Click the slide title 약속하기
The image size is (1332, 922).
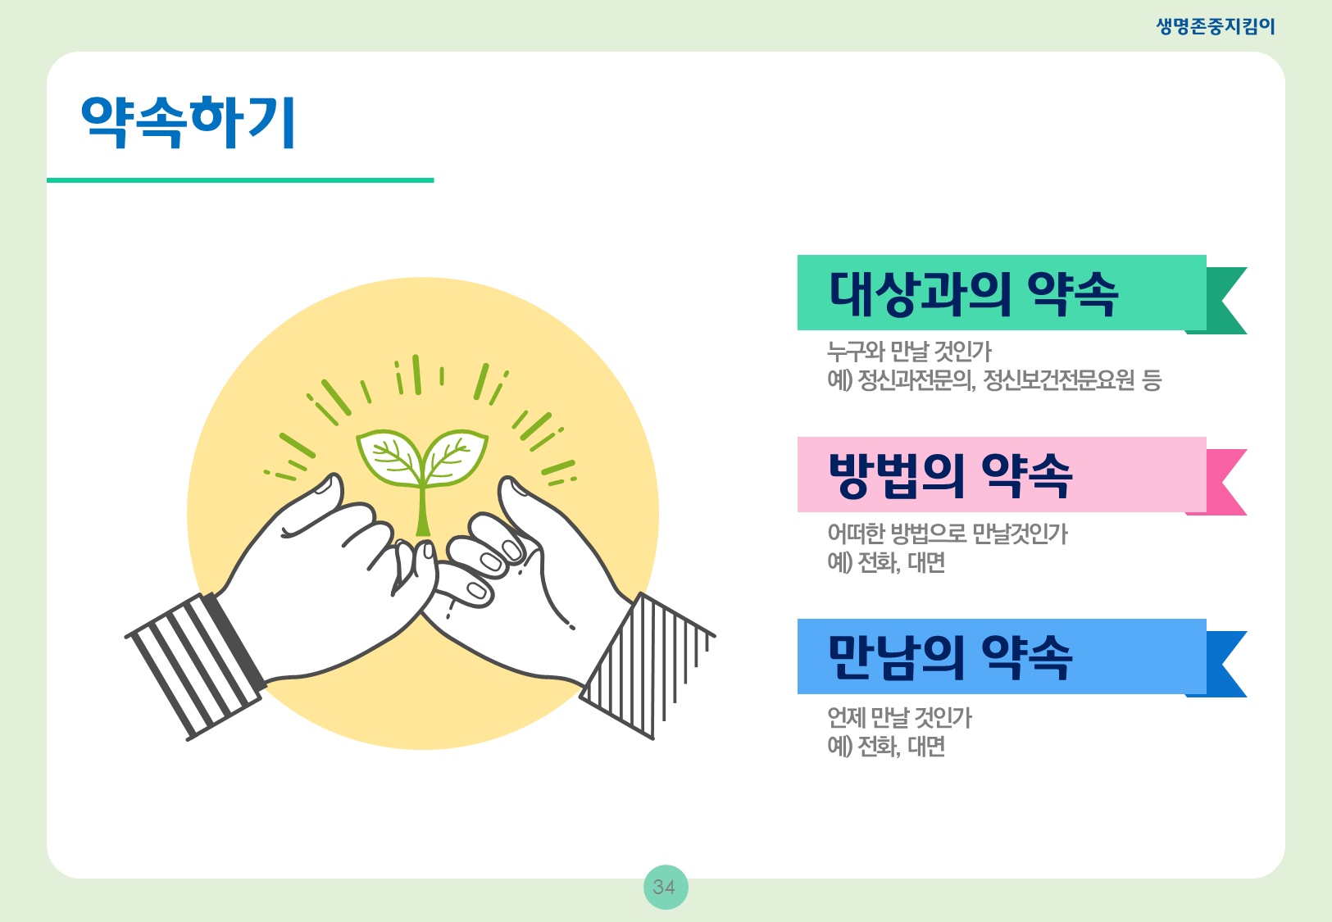click(188, 121)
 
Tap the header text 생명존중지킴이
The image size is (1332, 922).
click(1216, 26)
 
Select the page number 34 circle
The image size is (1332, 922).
click(666, 887)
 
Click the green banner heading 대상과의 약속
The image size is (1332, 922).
click(974, 293)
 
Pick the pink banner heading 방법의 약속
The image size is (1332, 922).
click(950, 475)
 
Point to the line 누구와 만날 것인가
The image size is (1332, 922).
click(909, 352)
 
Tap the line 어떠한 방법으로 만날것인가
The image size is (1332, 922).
click(948, 534)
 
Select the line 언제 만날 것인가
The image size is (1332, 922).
click(899, 717)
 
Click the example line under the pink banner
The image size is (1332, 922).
click(886, 561)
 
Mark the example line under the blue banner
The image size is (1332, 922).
click(886, 746)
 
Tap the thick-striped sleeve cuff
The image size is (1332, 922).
click(196, 665)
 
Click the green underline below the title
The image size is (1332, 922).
click(240, 180)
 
